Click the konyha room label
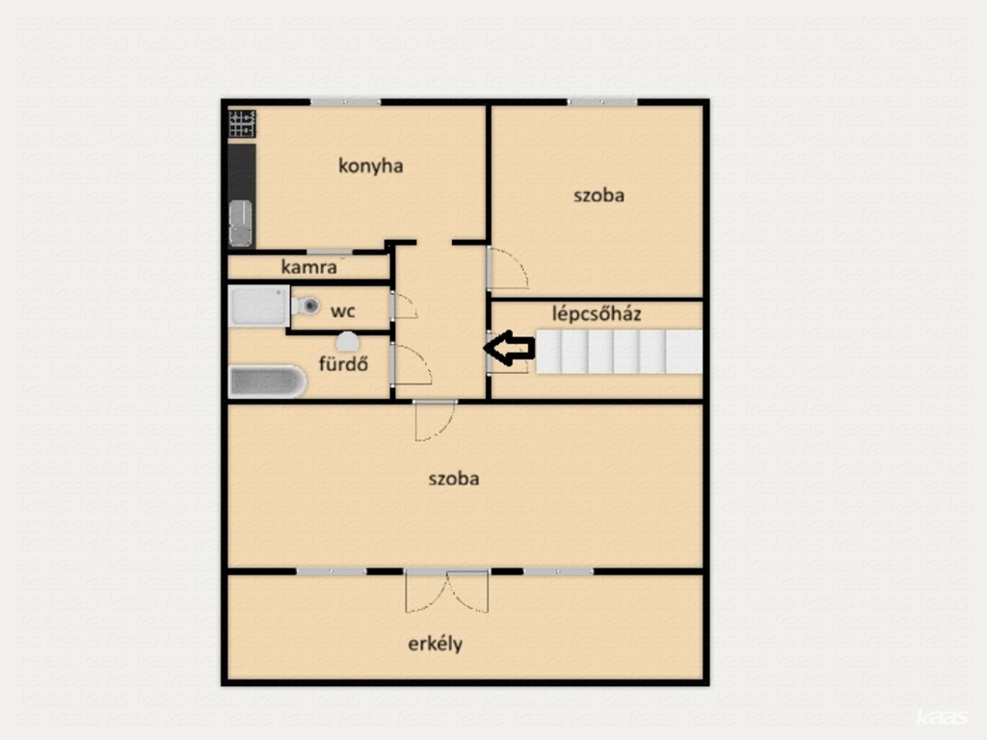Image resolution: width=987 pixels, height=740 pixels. pyautogui.click(x=370, y=166)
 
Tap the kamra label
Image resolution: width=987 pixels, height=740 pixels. pyautogui.click(x=308, y=267)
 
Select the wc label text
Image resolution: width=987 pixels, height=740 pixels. pyautogui.click(x=343, y=311)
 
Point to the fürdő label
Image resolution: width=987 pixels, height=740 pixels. pyautogui.click(x=343, y=363)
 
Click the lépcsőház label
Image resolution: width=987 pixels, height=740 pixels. pyautogui.click(x=596, y=313)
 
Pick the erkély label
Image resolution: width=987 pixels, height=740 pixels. pyautogui.click(x=435, y=644)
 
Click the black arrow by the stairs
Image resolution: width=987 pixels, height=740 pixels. pyautogui.click(x=509, y=348)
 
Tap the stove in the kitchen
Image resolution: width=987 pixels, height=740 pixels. pyautogui.click(x=242, y=123)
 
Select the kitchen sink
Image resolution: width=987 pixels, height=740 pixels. pyautogui.click(x=240, y=223)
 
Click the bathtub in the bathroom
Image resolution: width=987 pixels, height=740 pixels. pyautogui.click(x=267, y=382)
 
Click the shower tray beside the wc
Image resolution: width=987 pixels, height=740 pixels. pyautogui.click(x=258, y=305)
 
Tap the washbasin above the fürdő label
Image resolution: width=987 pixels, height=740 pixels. pyautogui.click(x=347, y=342)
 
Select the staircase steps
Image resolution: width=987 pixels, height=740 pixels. pyautogui.click(x=619, y=351)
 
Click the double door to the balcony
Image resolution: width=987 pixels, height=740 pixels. pyautogui.click(x=447, y=591)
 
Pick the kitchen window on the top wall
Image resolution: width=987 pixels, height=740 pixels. pyautogui.click(x=346, y=102)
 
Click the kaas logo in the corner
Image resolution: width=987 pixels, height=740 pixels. pyautogui.click(x=942, y=717)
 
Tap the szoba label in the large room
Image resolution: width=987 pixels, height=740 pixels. pyautogui.click(x=454, y=478)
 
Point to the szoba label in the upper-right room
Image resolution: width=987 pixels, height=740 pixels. pyautogui.click(x=599, y=195)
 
